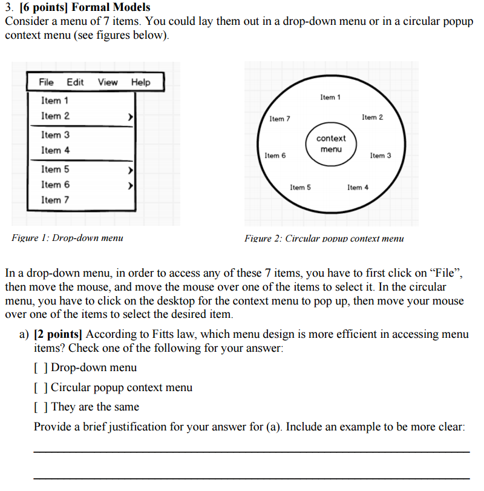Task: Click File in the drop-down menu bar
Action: [x=46, y=82]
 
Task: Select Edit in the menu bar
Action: [x=76, y=82]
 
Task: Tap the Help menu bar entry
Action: [x=140, y=82]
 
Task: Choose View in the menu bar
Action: [x=108, y=82]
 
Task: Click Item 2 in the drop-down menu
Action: [x=55, y=116]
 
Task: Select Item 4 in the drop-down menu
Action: [x=55, y=150]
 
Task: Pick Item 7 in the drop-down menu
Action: [x=55, y=200]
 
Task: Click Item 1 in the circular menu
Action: [x=330, y=97]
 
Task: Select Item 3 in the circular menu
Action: [x=381, y=156]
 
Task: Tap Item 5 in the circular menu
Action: [x=300, y=188]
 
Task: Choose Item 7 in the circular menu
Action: [x=280, y=119]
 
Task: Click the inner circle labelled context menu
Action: [x=331, y=143]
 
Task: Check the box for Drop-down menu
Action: [x=41, y=368]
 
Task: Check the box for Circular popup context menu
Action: [x=41, y=387]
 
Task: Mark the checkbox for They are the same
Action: [x=41, y=407]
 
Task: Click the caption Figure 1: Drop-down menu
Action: [x=67, y=238]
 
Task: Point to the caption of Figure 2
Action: [x=324, y=239]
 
